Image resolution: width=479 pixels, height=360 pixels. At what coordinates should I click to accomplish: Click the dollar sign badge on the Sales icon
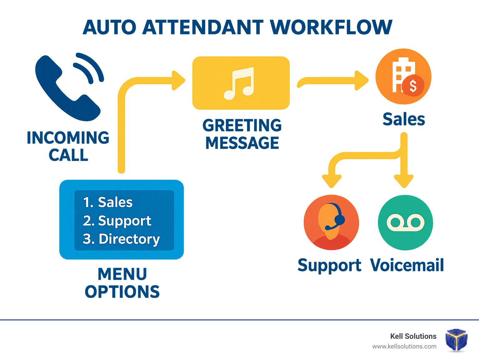pyautogui.click(x=413, y=85)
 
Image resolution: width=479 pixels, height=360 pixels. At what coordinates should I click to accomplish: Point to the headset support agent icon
pyautogui.click(x=331, y=222)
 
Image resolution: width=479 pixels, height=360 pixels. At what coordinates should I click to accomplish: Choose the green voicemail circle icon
pyautogui.click(x=405, y=222)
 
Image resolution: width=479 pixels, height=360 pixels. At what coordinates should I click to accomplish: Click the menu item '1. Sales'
pyautogui.click(x=108, y=202)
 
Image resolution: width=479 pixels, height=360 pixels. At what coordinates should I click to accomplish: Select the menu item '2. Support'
pyautogui.click(x=117, y=221)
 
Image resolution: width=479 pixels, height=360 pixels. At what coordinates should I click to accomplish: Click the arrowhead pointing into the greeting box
pyautogui.click(x=178, y=80)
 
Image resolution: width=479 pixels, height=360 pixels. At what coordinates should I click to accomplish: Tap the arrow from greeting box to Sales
pyautogui.click(x=333, y=80)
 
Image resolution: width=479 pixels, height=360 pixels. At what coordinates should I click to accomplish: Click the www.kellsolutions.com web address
pyautogui.click(x=404, y=347)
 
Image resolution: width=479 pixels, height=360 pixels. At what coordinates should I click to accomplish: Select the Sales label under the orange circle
pyautogui.click(x=404, y=119)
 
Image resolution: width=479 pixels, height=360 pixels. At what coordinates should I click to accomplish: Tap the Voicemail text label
pyautogui.click(x=407, y=265)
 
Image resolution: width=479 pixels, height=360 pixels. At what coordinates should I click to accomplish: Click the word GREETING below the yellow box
pyautogui.click(x=242, y=125)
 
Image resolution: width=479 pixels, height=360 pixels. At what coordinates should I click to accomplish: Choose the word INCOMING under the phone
pyautogui.click(x=68, y=138)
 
